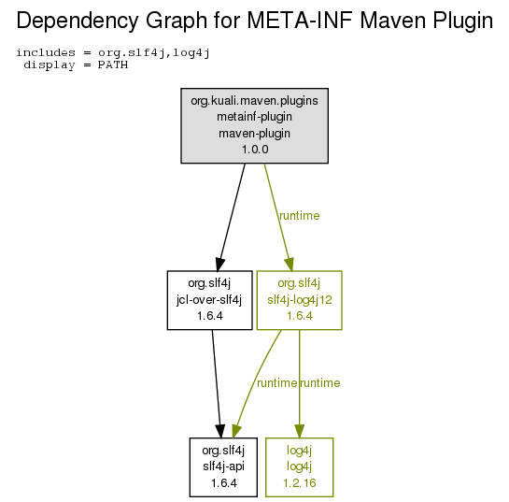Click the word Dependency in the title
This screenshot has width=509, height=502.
click(x=78, y=22)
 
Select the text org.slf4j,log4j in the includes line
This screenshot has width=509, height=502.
click(x=154, y=53)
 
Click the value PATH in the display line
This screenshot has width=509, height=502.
click(x=113, y=65)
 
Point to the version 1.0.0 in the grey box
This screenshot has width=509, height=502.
click(x=255, y=150)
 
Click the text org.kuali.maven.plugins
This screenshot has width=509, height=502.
click(x=254, y=101)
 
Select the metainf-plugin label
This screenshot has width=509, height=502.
click(x=254, y=117)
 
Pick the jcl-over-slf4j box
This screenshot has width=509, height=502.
click(x=210, y=300)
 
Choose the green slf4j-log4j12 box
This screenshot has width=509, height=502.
click(x=299, y=300)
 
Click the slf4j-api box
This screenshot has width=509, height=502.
click(x=223, y=467)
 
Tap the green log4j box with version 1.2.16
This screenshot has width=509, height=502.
click(x=299, y=467)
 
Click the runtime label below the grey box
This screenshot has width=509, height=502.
click(x=299, y=216)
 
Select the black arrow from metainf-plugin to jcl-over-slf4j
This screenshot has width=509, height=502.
click(x=232, y=217)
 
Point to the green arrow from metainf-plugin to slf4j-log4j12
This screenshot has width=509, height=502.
click(x=278, y=217)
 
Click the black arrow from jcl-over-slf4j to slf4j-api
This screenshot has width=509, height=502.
click(x=217, y=384)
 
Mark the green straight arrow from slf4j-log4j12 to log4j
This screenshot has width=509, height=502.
click(x=299, y=384)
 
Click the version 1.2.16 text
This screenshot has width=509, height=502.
click(x=299, y=483)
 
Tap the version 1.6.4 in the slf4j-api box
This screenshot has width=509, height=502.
click(x=223, y=483)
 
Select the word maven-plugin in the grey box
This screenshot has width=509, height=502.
click(x=254, y=134)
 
